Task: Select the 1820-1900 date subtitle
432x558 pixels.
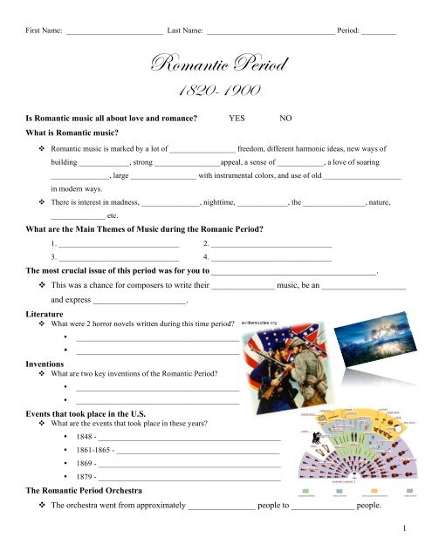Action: click(x=215, y=90)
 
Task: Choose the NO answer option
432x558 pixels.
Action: click(x=285, y=117)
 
